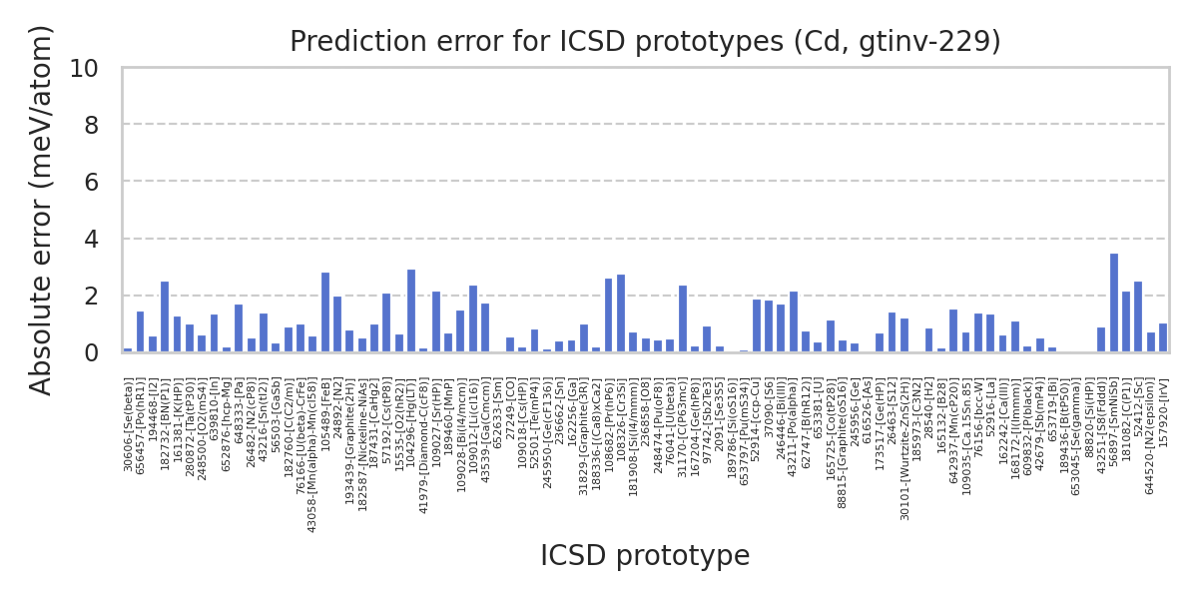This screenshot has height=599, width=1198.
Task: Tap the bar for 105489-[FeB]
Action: point(325,312)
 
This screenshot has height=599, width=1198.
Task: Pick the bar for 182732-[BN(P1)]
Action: point(165,317)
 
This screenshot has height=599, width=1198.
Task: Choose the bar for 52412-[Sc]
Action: point(1138,317)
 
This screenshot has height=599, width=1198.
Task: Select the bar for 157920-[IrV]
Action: point(1163,338)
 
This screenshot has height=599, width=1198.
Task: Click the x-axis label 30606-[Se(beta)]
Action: point(129,425)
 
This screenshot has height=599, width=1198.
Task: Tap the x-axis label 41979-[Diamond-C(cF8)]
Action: point(424,444)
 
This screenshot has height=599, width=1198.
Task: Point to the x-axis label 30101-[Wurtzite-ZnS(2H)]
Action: point(905,449)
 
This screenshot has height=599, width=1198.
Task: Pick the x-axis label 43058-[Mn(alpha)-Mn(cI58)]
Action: point(313,455)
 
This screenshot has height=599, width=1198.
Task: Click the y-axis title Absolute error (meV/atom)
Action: point(41,210)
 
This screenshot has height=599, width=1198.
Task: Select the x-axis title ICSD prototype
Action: point(645,556)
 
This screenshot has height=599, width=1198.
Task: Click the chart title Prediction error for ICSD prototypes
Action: point(645,42)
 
